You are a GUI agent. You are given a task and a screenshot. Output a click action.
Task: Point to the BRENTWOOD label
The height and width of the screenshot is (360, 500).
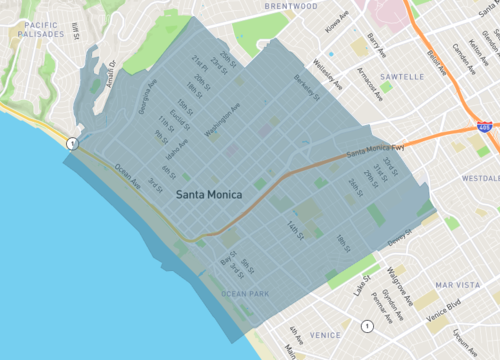[290, 6]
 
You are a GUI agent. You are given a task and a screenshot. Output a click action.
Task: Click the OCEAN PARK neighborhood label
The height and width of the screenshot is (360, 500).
[247, 293]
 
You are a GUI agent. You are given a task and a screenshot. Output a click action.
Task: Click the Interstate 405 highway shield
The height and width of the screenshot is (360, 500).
[484, 129]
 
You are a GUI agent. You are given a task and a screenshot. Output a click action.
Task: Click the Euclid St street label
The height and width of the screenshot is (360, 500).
[180, 118]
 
